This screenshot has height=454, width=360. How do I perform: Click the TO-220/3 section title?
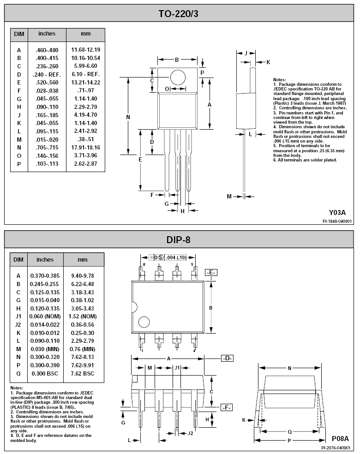(178, 13)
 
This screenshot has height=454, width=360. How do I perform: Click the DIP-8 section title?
(178, 239)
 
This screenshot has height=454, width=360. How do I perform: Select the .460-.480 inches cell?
(47, 50)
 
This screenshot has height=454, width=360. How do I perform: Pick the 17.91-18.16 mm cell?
(86, 147)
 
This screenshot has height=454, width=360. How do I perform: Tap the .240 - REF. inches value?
(47, 74)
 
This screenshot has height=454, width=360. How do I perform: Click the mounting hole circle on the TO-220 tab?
(178, 78)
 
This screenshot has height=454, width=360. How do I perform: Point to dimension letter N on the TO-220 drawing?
(128, 117)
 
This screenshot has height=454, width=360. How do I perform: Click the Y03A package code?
(337, 213)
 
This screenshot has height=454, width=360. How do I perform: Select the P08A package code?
(340, 438)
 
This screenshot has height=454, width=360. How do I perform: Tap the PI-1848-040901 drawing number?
(337, 221)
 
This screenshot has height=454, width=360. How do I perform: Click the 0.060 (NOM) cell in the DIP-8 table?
(45, 317)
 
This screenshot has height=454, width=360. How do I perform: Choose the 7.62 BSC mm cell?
(83, 374)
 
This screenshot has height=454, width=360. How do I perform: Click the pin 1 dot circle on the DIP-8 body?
(144, 322)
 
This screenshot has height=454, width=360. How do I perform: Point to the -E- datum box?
(211, 273)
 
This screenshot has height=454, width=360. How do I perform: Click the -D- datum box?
(228, 358)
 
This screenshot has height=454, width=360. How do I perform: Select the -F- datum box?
(227, 407)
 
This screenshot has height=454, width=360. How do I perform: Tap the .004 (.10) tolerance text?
(176, 257)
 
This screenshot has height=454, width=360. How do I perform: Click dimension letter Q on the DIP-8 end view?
(290, 432)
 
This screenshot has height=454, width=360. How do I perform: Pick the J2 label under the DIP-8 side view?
(190, 433)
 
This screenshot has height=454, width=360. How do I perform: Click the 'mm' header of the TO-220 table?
(86, 34)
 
